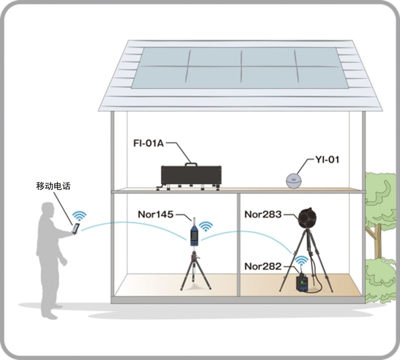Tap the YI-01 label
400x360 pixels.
326,160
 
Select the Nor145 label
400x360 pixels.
155,214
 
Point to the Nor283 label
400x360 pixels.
263,214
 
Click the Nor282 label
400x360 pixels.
263,266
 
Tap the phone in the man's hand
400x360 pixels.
76,228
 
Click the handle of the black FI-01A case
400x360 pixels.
191,164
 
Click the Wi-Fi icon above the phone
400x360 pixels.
79,215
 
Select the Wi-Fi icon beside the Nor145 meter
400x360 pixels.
206,225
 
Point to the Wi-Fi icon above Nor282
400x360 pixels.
302,261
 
